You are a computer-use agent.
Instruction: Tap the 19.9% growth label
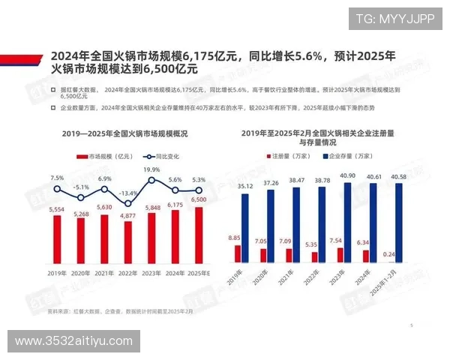(151, 169)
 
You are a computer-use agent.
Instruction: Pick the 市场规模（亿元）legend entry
(101, 157)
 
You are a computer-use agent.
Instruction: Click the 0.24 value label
(390, 254)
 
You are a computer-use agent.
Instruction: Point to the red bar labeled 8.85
(238, 253)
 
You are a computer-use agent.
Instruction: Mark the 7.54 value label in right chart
(339, 241)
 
